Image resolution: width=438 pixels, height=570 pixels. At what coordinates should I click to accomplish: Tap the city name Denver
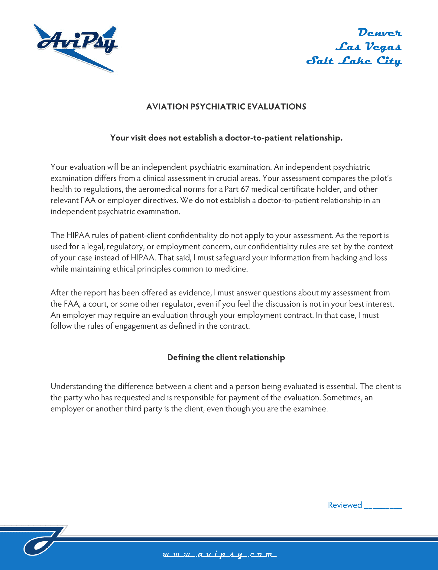[x=380, y=32]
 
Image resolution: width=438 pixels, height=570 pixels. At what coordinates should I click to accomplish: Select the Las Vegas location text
[x=368, y=47]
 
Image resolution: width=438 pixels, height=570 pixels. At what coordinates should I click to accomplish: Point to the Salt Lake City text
[x=354, y=61]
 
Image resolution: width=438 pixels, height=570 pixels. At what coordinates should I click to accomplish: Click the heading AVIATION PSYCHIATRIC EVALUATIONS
[x=226, y=107]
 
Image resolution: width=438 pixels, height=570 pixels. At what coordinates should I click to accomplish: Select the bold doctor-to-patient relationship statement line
[x=226, y=138]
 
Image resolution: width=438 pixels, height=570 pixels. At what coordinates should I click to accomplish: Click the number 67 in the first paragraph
[x=245, y=189]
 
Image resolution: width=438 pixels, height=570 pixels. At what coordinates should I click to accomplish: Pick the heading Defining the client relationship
[x=226, y=357]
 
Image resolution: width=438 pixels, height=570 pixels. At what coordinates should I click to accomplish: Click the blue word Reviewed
[x=345, y=505]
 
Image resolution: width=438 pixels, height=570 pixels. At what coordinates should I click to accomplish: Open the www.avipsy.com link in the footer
[x=220, y=555]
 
